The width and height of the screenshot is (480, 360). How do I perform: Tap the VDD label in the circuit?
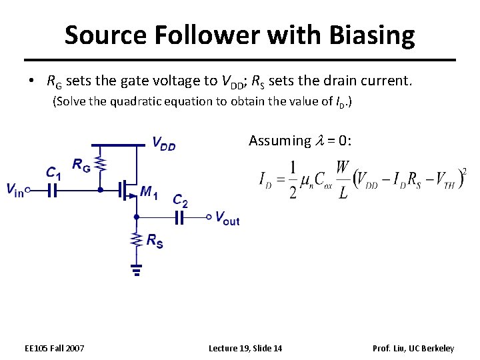(163, 143)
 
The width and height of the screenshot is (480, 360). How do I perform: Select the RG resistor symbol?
(101, 163)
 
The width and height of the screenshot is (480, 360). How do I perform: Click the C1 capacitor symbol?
(52, 190)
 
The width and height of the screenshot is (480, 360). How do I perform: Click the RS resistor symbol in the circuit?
(136, 239)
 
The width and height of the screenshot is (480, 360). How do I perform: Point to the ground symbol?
(136, 269)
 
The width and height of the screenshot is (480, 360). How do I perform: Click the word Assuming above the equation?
(279, 141)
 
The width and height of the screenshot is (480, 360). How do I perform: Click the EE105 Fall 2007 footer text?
(54, 349)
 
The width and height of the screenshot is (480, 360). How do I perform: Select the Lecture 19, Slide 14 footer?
(245, 349)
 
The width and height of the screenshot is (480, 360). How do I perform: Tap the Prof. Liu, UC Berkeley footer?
(413, 349)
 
